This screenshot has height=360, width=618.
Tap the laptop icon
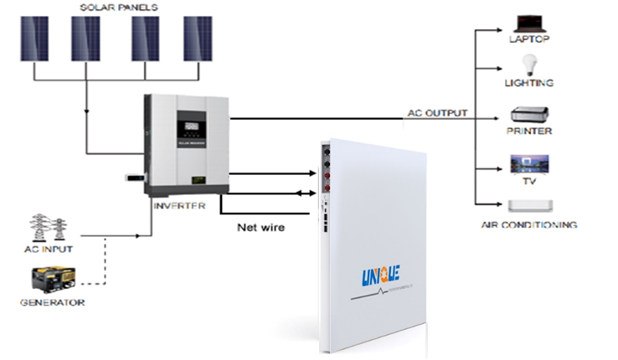(528, 23)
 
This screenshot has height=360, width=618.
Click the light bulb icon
(528, 65)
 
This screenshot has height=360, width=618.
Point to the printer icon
(529, 115)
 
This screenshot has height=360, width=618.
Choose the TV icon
(529, 162)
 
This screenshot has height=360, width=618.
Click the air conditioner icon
(529, 206)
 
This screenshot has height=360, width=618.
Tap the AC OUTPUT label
(436, 113)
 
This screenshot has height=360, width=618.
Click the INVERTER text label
(178, 205)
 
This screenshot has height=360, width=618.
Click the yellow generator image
(50, 280)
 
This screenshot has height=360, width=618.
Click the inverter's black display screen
(189, 131)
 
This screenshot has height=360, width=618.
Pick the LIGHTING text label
(528, 83)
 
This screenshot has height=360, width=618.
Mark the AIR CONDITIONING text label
(528, 224)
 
